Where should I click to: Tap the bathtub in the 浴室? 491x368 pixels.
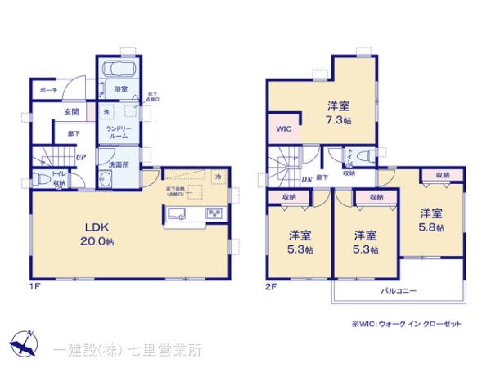click(119, 70)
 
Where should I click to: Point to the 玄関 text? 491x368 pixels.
click(48, 113)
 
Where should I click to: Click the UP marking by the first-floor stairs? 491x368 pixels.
click(81, 157)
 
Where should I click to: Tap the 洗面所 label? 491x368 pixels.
click(124, 164)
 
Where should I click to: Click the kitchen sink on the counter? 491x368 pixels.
click(178, 215)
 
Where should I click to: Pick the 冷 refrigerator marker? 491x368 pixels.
click(218, 177)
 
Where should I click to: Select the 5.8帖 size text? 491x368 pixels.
click(431, 228)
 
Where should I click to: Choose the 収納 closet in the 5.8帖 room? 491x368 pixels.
click(442, 175)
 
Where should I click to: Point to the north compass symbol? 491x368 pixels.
click(23, 343)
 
